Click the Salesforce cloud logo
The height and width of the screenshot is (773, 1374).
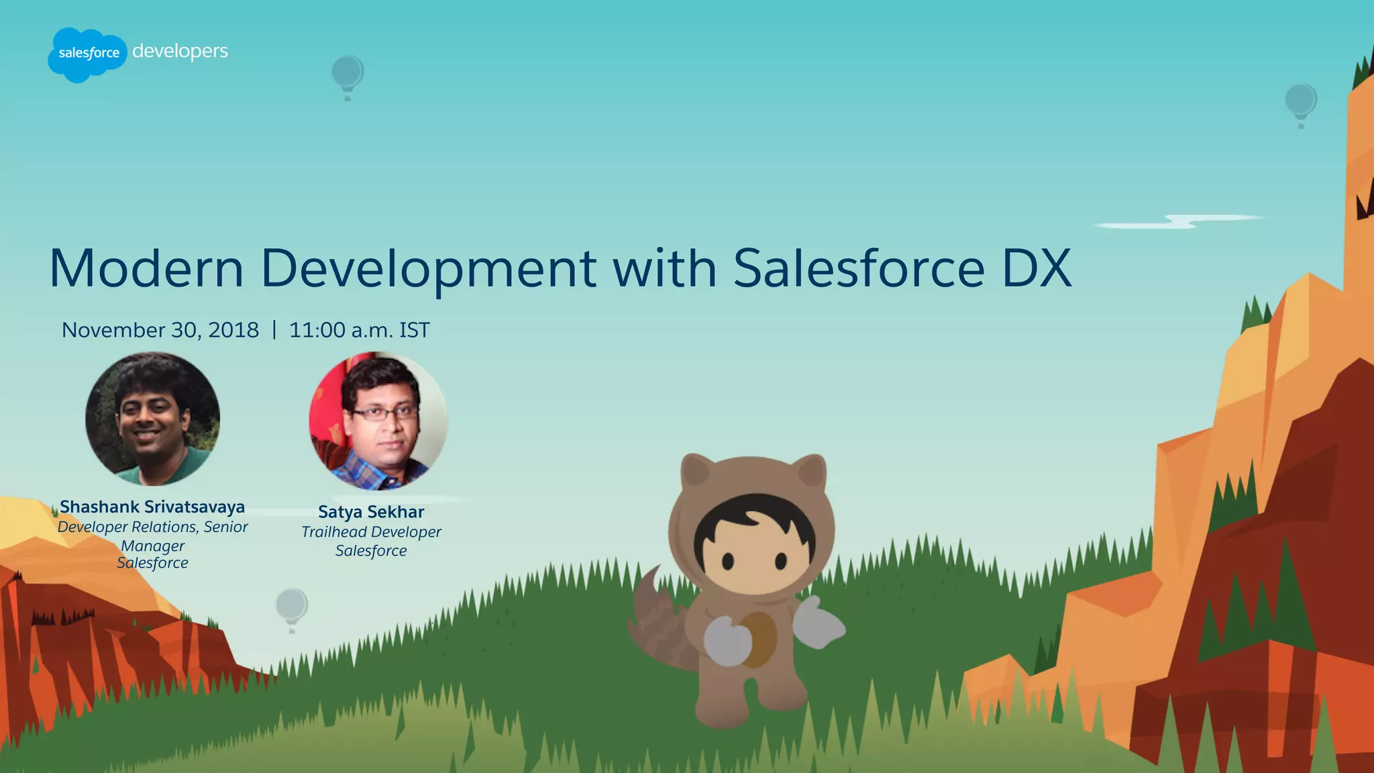tap(87, 54)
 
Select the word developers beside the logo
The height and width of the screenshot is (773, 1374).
tap(180, 52)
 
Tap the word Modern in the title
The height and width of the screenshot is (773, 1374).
tap(146, 268)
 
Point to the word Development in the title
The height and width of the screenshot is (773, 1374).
tap(428, 268)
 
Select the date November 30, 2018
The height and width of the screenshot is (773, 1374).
tap(160, 330)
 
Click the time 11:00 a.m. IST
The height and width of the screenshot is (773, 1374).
tap(359, 330)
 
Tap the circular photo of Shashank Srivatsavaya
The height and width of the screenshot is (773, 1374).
tap(153, 419)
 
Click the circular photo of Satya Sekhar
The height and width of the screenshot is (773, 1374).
tap(378, 421)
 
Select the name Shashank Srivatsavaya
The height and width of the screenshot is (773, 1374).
tap(152, 507)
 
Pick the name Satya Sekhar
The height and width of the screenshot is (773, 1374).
tap(371, 512)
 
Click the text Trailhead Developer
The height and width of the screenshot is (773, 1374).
tap(371, 532)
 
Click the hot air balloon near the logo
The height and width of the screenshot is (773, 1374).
tap(348, 75)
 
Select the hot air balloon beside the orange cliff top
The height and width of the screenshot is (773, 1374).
tap(1301, 103)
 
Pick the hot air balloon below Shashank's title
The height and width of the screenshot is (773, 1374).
tap(292, 607)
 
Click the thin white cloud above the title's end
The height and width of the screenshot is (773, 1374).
tap(1181, 221)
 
